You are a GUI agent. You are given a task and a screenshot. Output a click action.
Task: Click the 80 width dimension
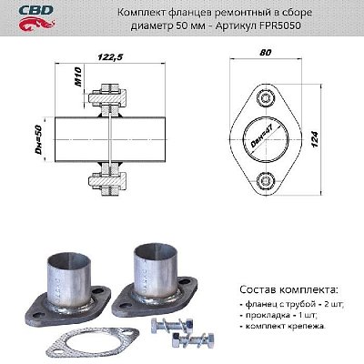pos(264,54)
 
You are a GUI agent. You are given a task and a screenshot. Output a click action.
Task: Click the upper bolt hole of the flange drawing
pos(266,98)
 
